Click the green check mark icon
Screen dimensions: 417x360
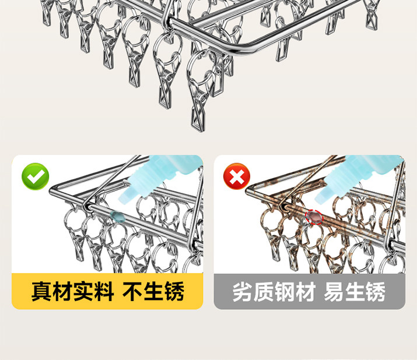pyautogui.click(x=36, y=177)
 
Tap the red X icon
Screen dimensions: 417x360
pyautogui.click(x=237, y=176)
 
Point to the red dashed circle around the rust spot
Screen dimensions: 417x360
pyautogui.click(x=314, y=217)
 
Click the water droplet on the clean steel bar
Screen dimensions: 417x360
pyautogui.click(x=118, y=217)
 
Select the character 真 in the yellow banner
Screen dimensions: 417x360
pyautogui.click(x=41, y=291)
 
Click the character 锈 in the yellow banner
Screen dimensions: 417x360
pyautogui.click(x=174, y=291)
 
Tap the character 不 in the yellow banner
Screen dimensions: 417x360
pyautogui.click(x=132, y=291)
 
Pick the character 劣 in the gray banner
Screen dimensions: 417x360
pyautogui.click(x=243, y=292)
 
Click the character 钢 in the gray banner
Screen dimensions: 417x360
pyautogui.click(x=285, y=292)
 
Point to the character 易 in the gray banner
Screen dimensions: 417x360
pyautogui.click(x=334, y=292)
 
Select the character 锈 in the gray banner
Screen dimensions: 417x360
pyautogui.click(x=376, y=292)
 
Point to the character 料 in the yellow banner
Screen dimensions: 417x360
pyautogui.click(x=104, y=291)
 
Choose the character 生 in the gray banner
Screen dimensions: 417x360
pyautogui.click(x=355, y=292)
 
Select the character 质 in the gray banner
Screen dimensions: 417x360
pyautogui.click(x=263, y=292)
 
